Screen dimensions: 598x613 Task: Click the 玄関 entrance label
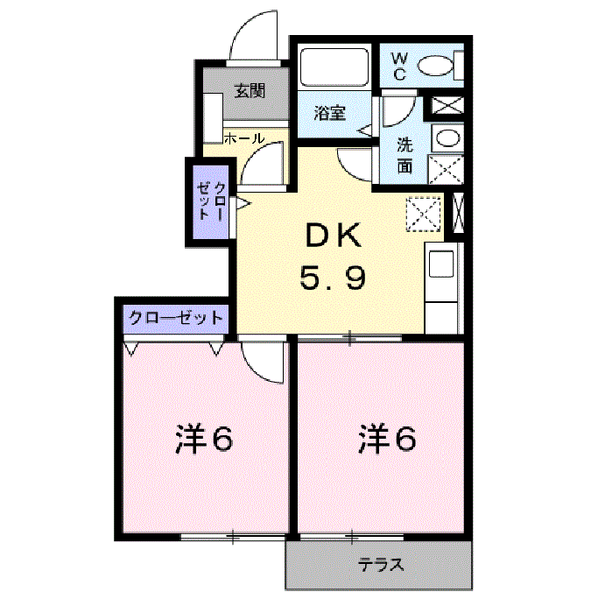250,91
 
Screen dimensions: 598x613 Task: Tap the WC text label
400,67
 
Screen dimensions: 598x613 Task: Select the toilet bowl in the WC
435,66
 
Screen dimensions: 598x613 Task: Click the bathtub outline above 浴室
334,67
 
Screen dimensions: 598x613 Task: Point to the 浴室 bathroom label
330,113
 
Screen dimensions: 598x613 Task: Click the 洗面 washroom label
405,155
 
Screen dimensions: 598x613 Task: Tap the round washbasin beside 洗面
447,138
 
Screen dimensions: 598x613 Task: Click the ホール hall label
244,138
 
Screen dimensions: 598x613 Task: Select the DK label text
334,235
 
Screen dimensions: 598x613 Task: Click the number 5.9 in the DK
333,277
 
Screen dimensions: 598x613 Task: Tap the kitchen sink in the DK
441,264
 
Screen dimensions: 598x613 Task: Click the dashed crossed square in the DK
423,215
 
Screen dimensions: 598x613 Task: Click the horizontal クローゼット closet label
175,318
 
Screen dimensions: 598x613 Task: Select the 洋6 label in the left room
204,440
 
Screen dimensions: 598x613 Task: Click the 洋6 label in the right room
387,440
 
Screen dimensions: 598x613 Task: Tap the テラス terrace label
381,565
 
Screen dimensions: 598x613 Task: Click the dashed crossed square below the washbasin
446,169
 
